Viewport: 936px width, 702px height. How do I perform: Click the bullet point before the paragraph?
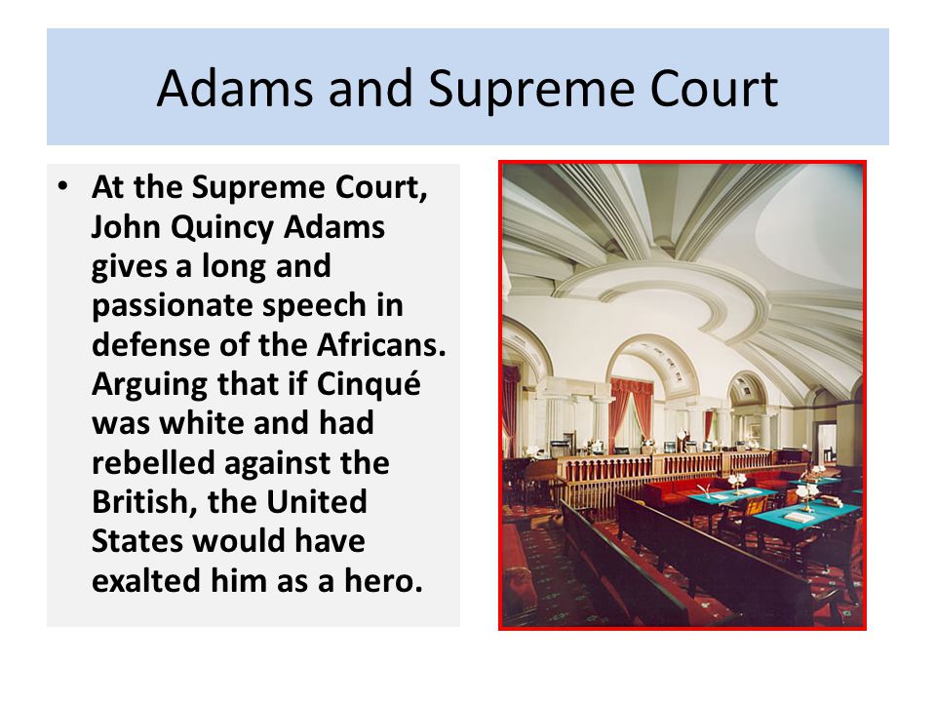pyautogui.click(x=63, y=185)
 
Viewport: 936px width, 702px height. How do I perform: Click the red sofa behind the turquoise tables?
pyautogui.click(x=682, y=487)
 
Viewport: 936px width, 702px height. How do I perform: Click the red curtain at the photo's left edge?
pyautogui.click(x=510, y=409)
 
